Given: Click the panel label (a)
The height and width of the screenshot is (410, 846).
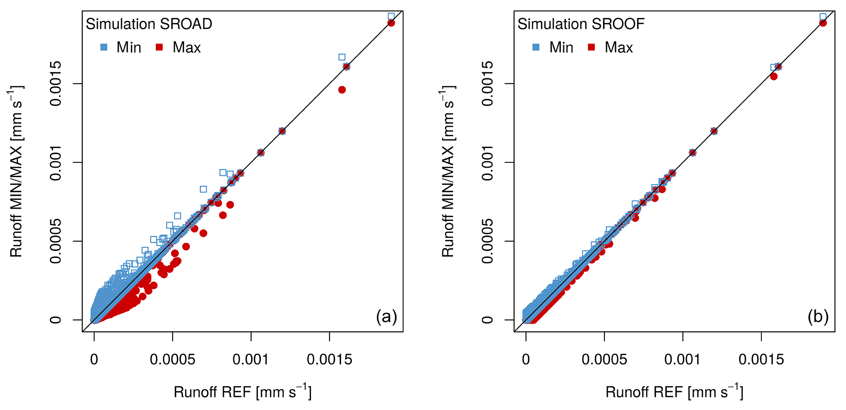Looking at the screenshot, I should coord(386,317).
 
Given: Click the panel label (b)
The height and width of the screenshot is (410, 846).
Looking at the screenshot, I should coord(818,317).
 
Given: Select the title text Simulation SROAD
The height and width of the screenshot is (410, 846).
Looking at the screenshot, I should coord(149,24).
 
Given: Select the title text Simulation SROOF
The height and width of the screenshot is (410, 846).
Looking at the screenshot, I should coord(581,24).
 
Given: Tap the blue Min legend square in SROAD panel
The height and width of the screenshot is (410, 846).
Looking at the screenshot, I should coord(104,47).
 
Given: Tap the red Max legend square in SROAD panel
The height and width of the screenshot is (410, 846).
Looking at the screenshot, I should coord(160,47).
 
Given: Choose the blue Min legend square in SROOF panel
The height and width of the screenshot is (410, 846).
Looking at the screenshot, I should coord(536,47).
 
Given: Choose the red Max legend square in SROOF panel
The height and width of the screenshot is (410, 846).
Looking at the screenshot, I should coord(591,47).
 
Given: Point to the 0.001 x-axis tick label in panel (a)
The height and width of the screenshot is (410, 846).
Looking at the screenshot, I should coord(251,360).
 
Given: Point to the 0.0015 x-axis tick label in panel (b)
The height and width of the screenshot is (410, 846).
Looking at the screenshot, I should coord(761,360).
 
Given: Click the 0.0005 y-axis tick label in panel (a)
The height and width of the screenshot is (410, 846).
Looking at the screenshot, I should coord(56,241).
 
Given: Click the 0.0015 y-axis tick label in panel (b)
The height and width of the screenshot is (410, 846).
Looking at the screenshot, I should coord(487,83).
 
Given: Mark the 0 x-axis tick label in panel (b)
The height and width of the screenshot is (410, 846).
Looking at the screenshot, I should coord(526,360).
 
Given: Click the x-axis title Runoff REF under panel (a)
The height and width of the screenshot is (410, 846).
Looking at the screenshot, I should coord(242,392).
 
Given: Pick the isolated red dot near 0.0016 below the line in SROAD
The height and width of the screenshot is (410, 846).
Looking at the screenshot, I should coord(342,90).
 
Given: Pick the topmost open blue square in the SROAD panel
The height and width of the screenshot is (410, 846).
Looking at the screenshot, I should coord(391,16).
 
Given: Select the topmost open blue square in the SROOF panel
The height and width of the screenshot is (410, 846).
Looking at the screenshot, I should coord(823,17).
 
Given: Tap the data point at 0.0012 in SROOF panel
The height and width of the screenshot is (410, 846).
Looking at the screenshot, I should coord(714,131).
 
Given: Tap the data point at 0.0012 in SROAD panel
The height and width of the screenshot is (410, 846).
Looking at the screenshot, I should coord(282,131).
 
